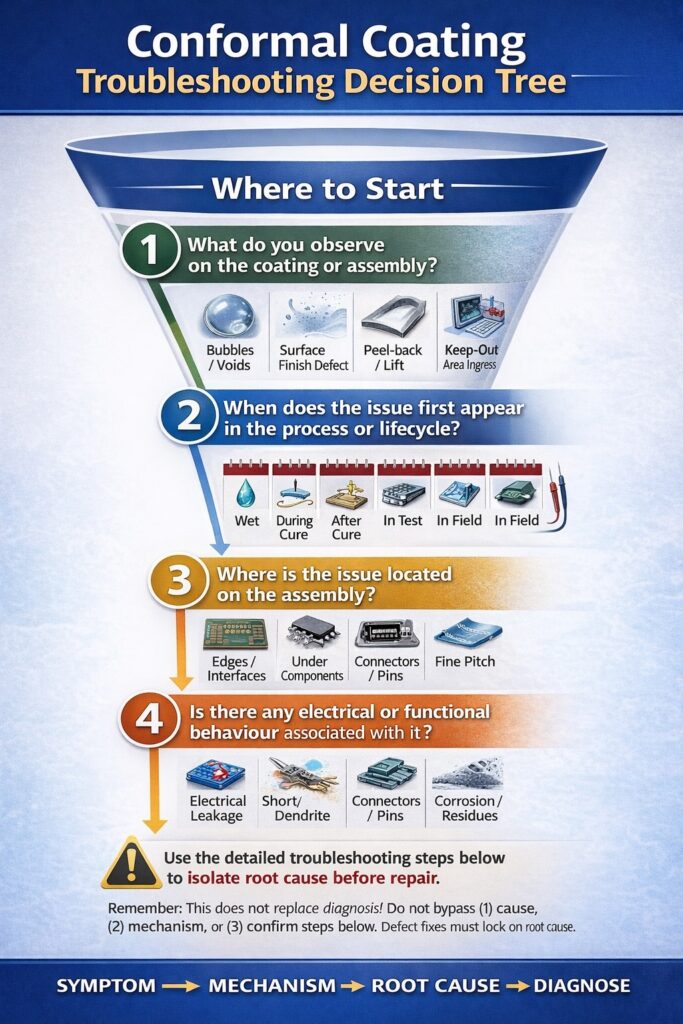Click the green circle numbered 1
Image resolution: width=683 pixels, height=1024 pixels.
[150, 250]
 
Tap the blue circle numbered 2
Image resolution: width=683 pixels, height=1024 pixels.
[189, 416]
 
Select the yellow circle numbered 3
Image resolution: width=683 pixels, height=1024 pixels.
[179, 581]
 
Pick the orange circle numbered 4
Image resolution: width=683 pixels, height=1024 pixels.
[150, 720]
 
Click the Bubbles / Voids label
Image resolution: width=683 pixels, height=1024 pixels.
[230, 357]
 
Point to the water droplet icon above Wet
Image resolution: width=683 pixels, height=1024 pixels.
[246, 493]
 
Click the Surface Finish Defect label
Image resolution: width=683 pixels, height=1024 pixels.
[313, 357]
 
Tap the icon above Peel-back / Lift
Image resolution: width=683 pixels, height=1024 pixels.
[394, 315]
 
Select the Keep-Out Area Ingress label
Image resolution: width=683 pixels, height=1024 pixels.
[470, 357]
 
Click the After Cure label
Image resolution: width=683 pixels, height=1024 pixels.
[346, 527]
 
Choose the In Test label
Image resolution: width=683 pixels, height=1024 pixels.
[402, 520]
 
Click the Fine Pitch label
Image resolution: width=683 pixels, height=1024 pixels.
[465, 661]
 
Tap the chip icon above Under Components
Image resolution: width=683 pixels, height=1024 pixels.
[312, 632]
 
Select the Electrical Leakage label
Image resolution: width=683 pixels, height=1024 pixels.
[217, 808]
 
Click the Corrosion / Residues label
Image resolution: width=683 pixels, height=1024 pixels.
[469, 808]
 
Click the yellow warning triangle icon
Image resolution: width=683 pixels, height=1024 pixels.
[131, 863]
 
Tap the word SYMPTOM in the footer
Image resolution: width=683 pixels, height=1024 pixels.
[106, 985]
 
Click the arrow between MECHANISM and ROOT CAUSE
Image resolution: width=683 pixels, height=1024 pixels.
[353, 986]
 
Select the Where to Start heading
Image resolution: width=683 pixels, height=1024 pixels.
[328, 189]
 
